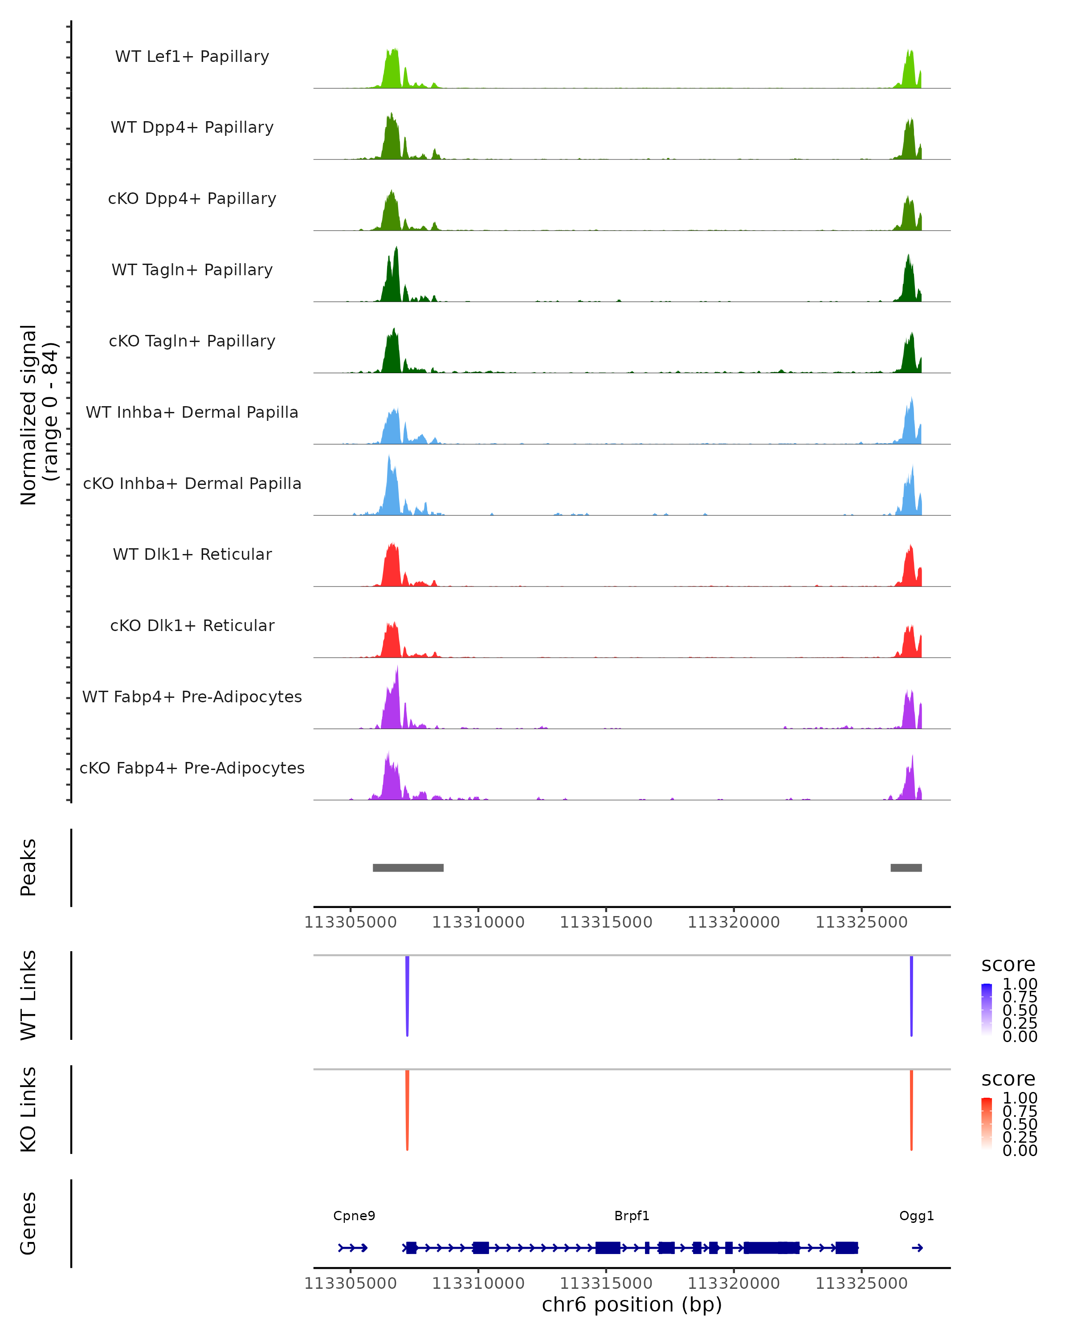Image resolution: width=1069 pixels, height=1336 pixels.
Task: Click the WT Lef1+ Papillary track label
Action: coord(192,57)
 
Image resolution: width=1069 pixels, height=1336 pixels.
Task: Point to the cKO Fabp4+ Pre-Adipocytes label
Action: coord(192,768)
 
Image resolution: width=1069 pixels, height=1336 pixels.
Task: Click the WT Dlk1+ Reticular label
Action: coord(192,554)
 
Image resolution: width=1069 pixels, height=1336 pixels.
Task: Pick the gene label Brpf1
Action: coord(632,1216)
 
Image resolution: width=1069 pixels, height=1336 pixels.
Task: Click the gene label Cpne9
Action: coord(354,1216)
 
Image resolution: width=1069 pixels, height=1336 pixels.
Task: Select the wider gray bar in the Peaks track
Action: coord(408,868)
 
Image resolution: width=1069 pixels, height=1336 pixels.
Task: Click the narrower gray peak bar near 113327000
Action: coord(906,868)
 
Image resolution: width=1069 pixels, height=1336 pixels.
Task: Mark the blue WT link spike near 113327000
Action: coord(911,991)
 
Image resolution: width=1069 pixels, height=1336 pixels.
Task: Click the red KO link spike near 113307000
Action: coord(407,1106)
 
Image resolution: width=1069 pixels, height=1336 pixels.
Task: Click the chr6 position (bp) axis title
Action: coord(632,1304)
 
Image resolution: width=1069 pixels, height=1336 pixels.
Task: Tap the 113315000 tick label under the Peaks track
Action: coord(606,922)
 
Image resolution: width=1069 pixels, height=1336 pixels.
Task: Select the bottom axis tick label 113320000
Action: coord(734,1283)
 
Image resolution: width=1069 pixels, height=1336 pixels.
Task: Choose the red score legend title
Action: coord(1008,1079)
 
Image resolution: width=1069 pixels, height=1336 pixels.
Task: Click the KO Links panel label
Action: coord(28,1109)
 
